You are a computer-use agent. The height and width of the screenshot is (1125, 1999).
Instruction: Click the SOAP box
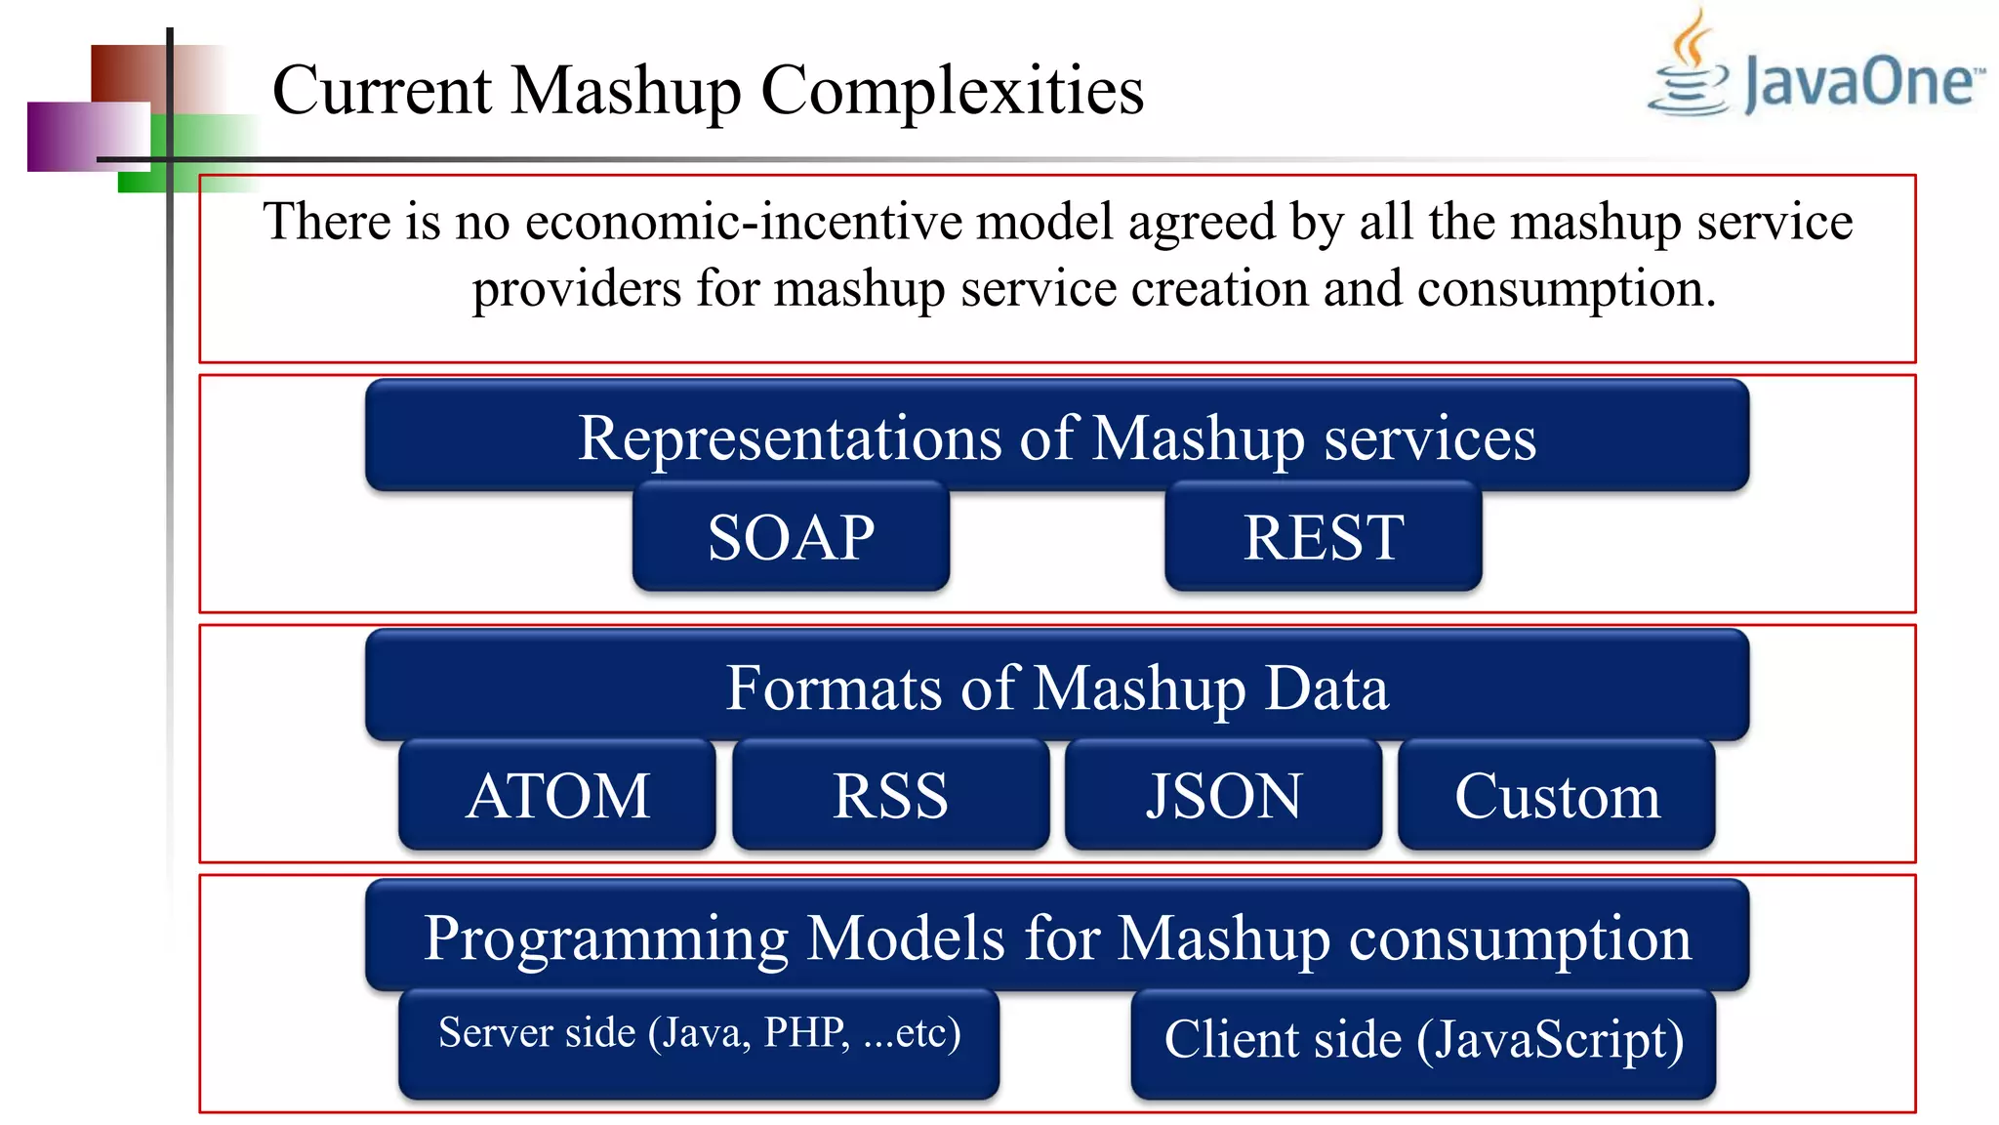[791, 537]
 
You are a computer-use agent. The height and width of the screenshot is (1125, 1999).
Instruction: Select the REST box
[1323, 537]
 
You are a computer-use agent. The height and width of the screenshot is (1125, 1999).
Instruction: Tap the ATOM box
[557, 795]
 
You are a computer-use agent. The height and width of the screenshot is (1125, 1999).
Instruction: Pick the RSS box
[890, 795]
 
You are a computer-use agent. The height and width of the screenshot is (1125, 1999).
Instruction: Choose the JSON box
[1223, 795]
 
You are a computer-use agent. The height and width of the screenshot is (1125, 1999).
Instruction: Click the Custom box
[1556, 795]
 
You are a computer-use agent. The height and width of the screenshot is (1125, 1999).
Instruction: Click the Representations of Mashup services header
[1057, 437]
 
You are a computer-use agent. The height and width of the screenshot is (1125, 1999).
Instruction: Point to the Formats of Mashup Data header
[1057, 687]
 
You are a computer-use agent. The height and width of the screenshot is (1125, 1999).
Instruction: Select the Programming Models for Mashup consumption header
[1057, 937]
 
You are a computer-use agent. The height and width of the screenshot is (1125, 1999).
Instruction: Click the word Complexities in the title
[952, 90]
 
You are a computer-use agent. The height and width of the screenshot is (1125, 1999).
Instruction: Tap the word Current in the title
[382, 90]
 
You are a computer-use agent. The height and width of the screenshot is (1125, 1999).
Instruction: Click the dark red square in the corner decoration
[127, 73]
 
